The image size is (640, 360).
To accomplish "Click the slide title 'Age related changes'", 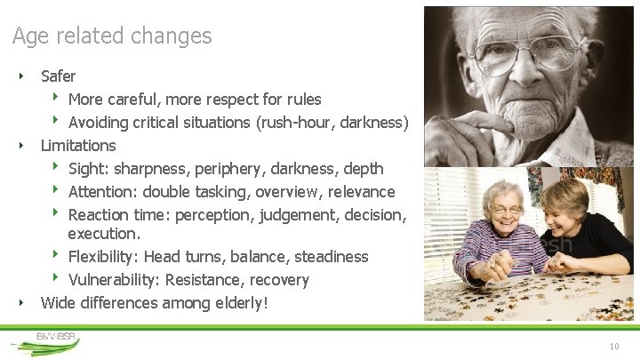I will tap(112, 36).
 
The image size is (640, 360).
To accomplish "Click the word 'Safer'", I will tap(59, 76).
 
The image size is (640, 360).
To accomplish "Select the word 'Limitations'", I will tap(78, 145).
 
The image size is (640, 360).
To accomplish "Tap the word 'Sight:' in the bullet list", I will tap(88, 168).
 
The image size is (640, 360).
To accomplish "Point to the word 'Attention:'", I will tap(103, 191).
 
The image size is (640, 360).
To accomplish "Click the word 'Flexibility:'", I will tap(104, 257).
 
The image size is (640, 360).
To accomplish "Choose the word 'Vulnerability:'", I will tap(114, 280).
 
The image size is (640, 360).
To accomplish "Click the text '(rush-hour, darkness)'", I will tap(332, 122).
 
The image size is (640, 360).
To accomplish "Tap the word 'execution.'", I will tap(104, 234).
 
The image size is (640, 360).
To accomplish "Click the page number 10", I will tap(613, 346).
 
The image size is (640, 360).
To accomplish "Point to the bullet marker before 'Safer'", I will tap(20, 76).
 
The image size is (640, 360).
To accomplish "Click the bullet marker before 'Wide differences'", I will tap(20, 303).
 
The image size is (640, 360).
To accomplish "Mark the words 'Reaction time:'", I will tap(119, 214).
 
